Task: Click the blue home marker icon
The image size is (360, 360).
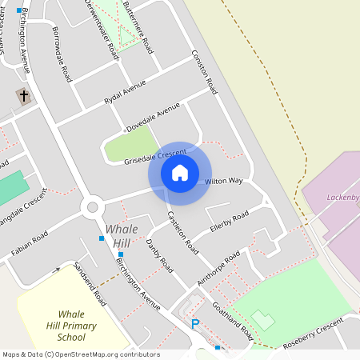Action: click(x=180, y=173)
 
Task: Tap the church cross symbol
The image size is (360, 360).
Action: click(x=24, y=97)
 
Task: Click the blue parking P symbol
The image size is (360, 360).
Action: click(x=194, y=324)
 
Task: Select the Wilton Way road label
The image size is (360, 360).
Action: click(x=223, y=182)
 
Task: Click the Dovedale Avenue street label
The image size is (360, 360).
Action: click(x=153, y=118)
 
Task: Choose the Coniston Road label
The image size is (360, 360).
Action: click(x=204, y=71)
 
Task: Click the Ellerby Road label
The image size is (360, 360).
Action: click(x=230, y=221)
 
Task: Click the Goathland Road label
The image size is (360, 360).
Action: click(x=234, y=319)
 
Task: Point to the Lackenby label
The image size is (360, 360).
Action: click(x=340, y=197)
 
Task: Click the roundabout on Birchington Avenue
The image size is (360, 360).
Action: click(x=92, y=207)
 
